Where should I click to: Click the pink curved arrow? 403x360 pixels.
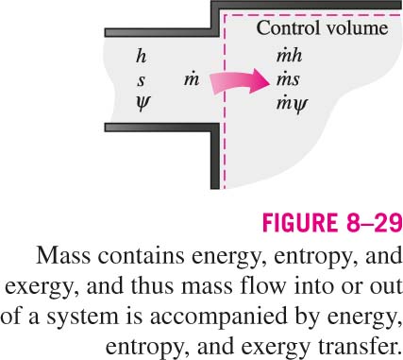pos(239,82)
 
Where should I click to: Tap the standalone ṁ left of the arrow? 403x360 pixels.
pos(192,79)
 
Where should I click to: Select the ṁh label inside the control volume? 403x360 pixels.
pos(289,56)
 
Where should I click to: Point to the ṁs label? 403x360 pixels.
pos(288,79)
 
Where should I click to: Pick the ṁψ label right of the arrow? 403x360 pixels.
pos(292,104)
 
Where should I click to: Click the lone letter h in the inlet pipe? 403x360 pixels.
pos(142,57)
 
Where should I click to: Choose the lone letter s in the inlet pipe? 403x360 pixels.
pos(141,81)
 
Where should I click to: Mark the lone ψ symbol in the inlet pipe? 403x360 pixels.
pos(143,104)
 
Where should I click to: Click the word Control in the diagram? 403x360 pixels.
pos(285,27)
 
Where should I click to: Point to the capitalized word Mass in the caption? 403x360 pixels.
pos(63,256)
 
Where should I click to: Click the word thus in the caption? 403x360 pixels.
pos(152,285)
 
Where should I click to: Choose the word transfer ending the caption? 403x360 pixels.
pos(358,347)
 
